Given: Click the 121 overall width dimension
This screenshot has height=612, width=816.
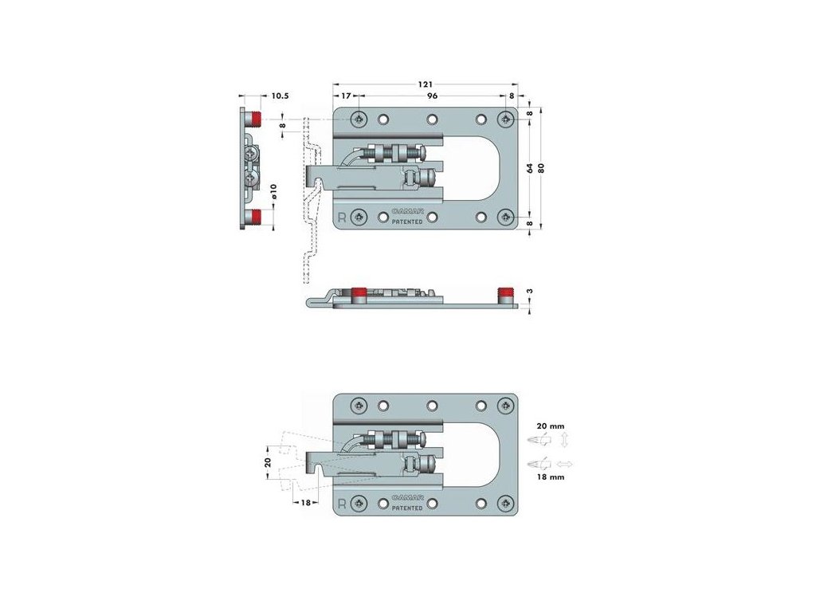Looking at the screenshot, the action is coord(426,83).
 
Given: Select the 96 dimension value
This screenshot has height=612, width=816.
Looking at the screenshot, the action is coord(432,96).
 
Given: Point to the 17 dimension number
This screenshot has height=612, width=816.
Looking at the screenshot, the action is coord(345,96).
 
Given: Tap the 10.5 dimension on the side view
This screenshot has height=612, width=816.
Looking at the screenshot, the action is coord(280,96).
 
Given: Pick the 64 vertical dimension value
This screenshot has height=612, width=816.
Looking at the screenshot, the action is coord(528,167).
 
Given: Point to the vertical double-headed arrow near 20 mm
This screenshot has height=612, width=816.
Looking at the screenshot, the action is coord(565,441).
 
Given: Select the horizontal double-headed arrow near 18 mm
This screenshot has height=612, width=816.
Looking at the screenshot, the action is coord(567,463).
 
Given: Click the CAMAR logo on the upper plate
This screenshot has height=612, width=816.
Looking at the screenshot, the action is coord(411,213).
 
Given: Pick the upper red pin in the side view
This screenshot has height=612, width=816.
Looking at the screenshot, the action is coord(254,120).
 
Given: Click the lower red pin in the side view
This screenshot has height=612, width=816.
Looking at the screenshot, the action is coord(254,217).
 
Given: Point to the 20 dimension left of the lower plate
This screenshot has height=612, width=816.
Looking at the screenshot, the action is coord(269,462).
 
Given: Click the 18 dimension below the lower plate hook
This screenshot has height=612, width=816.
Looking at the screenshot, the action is coord(305,503).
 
